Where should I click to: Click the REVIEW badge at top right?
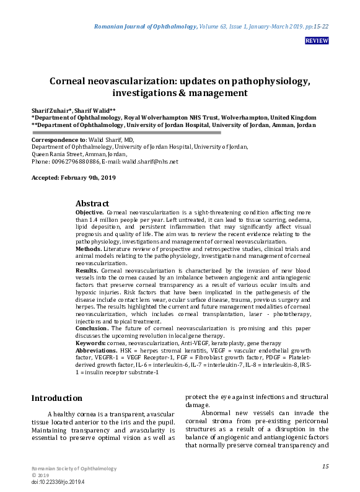[x=317, y=41]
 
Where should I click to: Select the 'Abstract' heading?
[x=92, y=203]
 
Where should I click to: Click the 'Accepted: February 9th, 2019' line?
[x=74, y=178]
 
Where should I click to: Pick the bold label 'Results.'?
[x=87, y=271]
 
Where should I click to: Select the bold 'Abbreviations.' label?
[x=96, y=350]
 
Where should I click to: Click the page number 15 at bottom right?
[x=325, y=466]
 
